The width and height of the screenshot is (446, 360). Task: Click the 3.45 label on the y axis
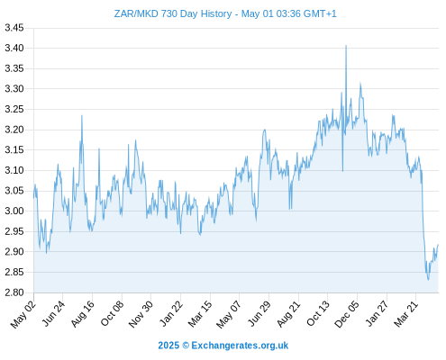coord(14,28)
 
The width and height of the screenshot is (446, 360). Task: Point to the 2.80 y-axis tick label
coord(14,292)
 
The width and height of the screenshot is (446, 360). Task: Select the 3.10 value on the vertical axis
coord(14,170)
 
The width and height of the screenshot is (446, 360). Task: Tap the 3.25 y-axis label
coord(14,109)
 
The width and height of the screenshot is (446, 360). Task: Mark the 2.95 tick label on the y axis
coord(14,231)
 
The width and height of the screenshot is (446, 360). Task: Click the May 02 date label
coord(23,314)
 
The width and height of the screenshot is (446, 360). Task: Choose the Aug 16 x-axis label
coord(83,314)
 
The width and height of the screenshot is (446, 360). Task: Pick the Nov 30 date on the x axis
coord(141,314)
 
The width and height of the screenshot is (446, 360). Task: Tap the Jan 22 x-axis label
coord(171,314)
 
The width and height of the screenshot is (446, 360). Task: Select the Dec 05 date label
coord(347,314)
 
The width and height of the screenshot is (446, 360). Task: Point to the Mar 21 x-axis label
coord(406,314)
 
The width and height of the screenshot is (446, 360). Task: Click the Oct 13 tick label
coord(318,313)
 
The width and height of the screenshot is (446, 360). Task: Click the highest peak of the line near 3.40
coord(346,46)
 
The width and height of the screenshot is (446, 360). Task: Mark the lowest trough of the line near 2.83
coord(428,280)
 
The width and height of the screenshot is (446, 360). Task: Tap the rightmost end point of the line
coord(438,245)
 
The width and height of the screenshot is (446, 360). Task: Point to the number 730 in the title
coord(170,13)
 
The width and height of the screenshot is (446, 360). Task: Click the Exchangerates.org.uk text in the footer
coord(240,346)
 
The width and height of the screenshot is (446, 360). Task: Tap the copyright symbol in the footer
coord(186,346)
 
